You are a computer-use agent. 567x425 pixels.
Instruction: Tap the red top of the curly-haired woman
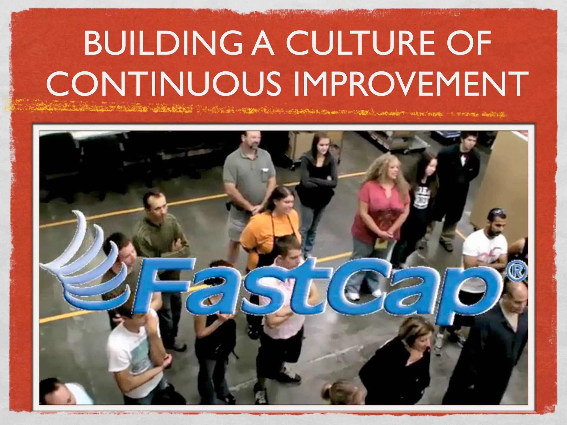[379, 210]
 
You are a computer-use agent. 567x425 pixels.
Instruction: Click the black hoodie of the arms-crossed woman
[316, 180]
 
